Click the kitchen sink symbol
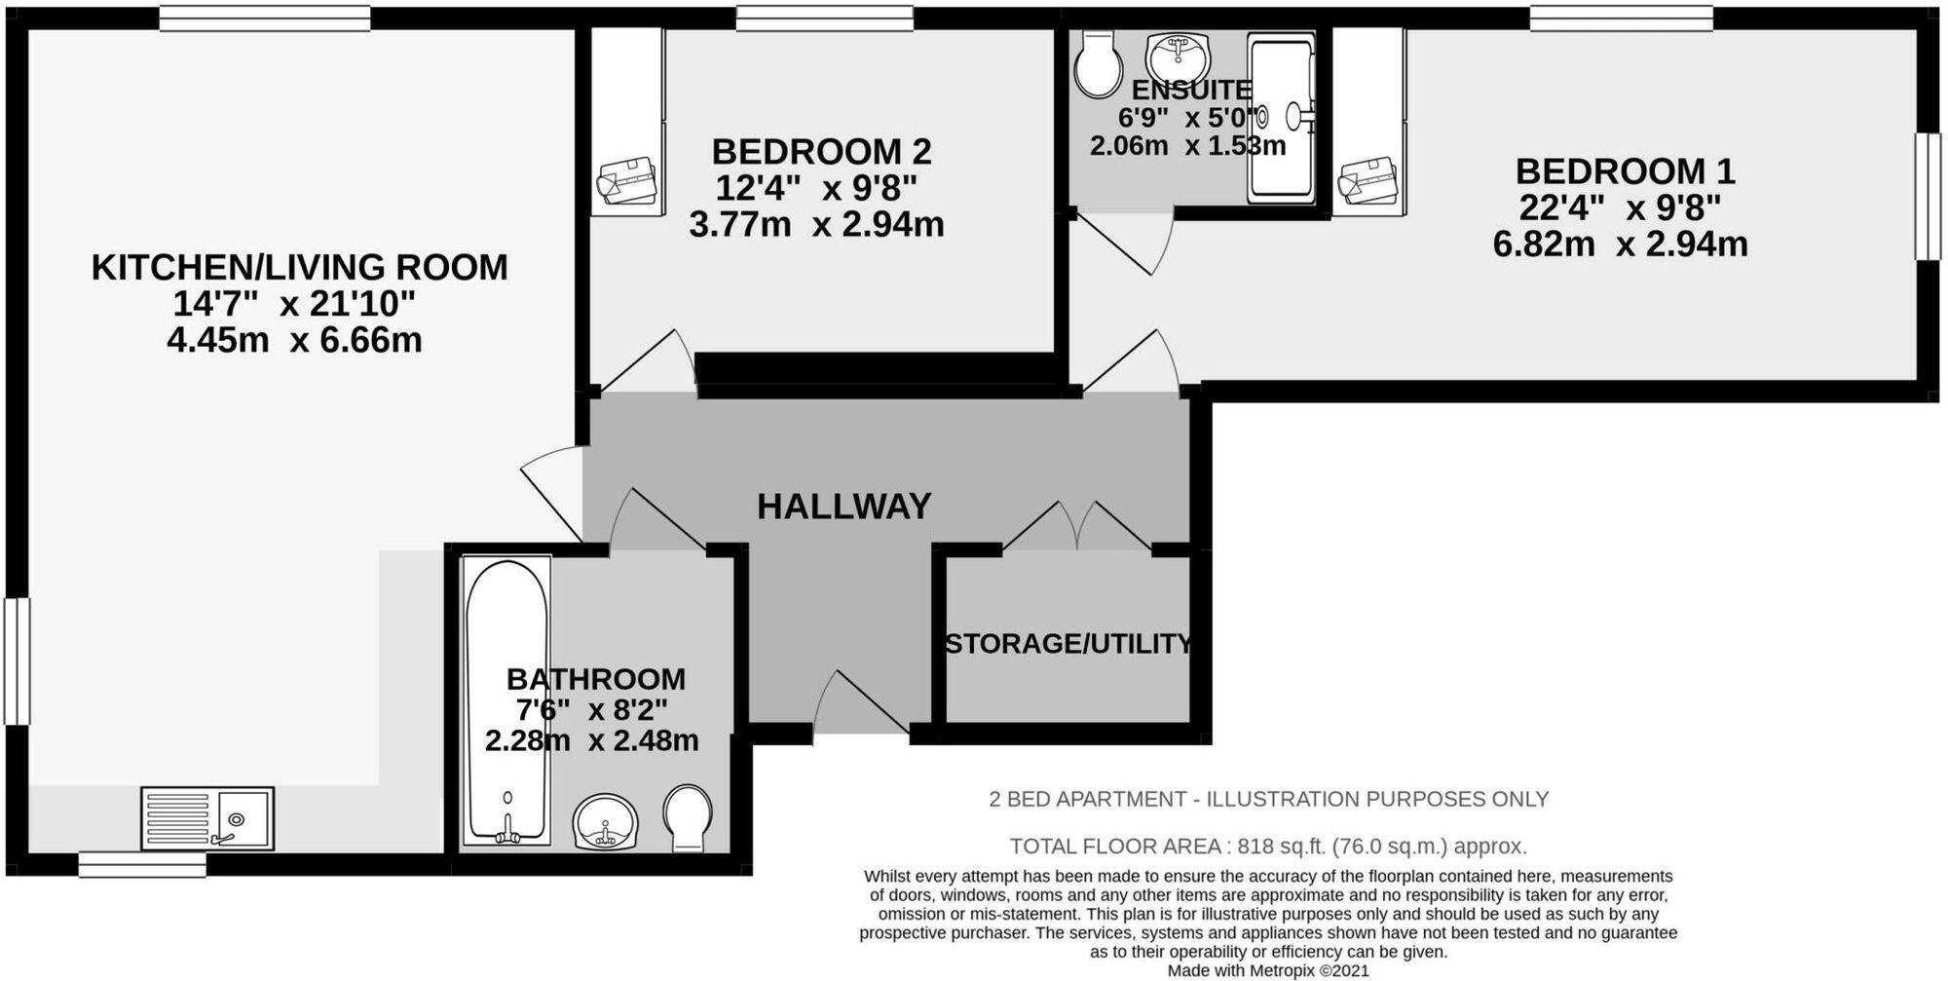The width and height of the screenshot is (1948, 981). tap(207, 818)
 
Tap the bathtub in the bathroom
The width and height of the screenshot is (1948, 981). tap(506, 699)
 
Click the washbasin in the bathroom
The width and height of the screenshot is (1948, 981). tap(605, 821)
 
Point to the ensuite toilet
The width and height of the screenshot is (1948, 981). tap(1098, 63)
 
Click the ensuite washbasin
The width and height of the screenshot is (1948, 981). tap(1179, 56)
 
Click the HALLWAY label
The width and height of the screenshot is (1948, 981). tap(843, 507)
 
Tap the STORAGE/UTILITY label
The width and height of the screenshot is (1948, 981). tap(1068, 644)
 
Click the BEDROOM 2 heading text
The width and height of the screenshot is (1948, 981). tap(821, 152)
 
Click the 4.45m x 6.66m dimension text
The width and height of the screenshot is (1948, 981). tap(294, 341)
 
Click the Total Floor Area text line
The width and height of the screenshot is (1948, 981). tap(1267, 846)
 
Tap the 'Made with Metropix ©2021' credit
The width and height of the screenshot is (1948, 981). tap(1268, 971)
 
